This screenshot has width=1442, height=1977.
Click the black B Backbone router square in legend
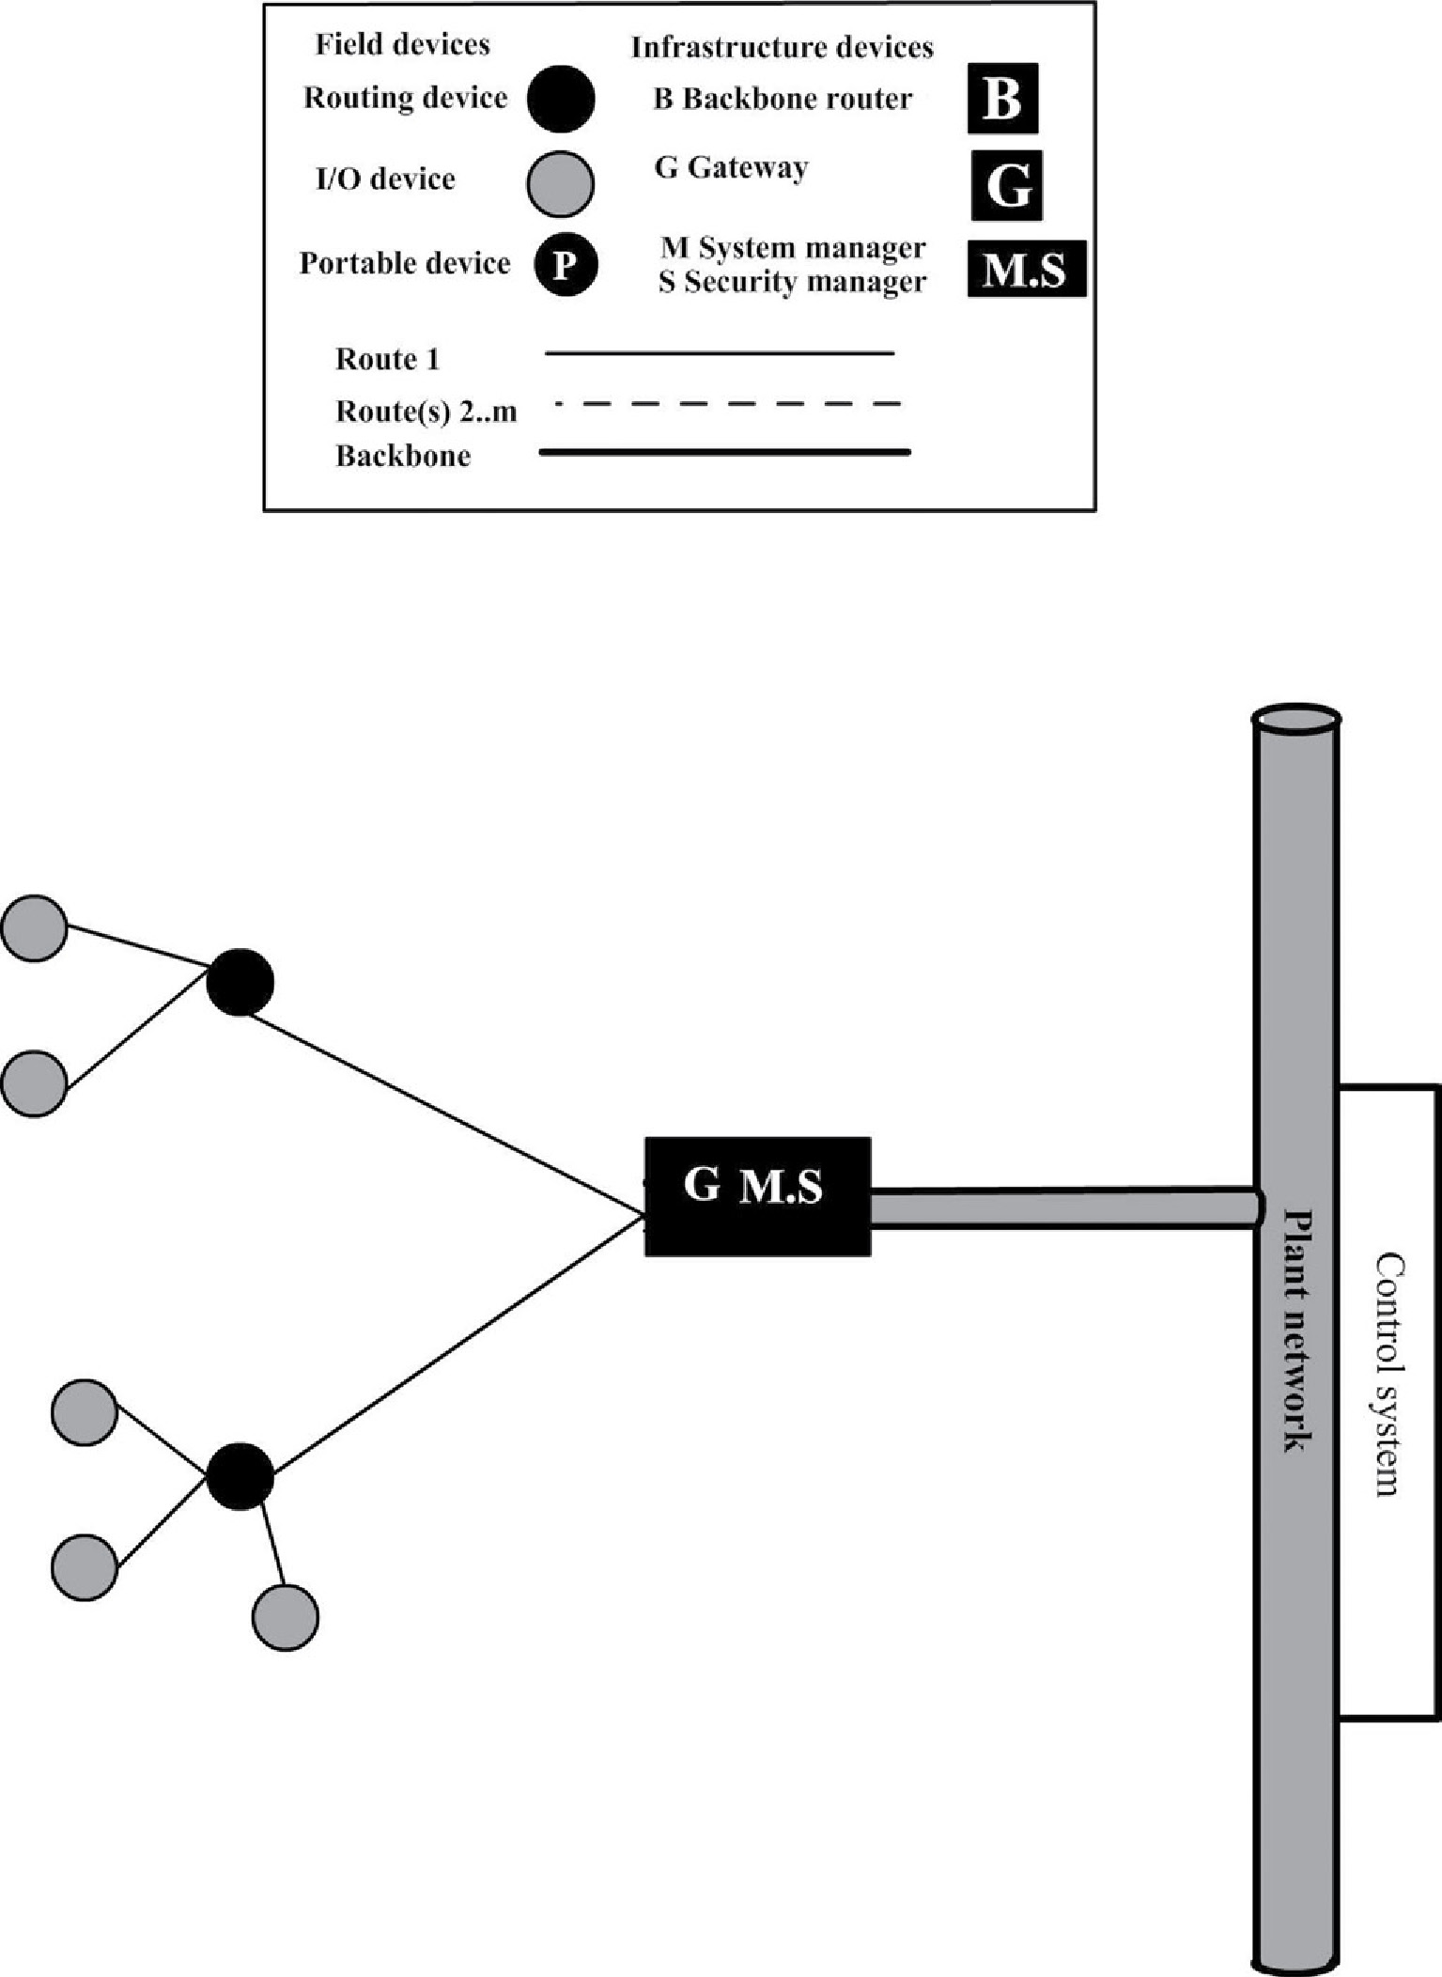[1002, 98]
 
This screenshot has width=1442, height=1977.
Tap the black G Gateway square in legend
[1006, 185]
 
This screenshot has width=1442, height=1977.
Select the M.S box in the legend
[1026, 270]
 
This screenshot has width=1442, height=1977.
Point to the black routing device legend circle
[561, 98]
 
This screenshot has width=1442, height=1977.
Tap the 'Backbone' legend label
[403, 457]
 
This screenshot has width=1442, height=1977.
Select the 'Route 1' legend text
[387, 359]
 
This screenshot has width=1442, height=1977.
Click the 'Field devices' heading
[402, 44]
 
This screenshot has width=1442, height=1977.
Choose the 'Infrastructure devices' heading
[782, 48]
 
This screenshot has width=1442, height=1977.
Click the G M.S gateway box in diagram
[757, 1196]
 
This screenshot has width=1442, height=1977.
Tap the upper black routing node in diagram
[240, 982]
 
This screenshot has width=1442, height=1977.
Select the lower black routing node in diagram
[240, 1477]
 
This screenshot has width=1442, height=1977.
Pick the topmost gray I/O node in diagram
[35, 927]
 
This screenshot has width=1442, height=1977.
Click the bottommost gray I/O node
[285, 1617]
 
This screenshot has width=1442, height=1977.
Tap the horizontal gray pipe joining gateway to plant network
[1062, 1207]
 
